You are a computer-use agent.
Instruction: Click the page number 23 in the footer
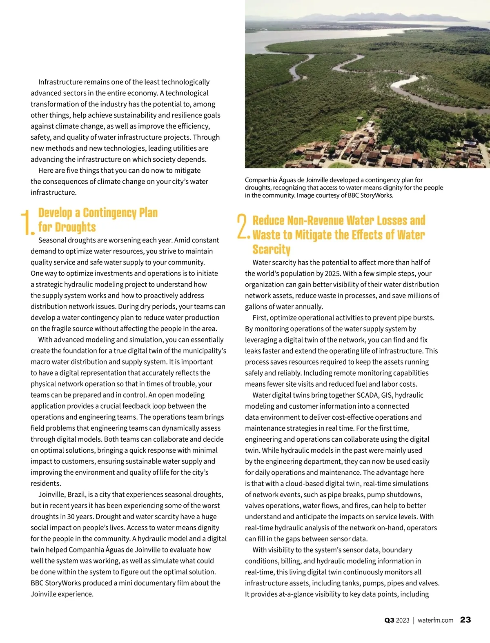pyautogui.click(x=465, y=620)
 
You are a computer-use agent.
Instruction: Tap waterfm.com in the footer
pyautogui.click(x=435, y=620)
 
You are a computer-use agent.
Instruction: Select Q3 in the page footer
pyautogui.click(x=389, y=620)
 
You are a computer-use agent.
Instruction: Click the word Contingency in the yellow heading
pyautogui.click(x=109, y=213)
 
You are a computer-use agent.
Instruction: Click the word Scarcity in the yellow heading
pyautogui.click(x=271, y=249)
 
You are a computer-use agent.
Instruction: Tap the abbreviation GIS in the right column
pyautogui.click(x=386, y=395)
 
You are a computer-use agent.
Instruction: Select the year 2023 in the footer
pyautogui.click(x=403, y=620)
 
